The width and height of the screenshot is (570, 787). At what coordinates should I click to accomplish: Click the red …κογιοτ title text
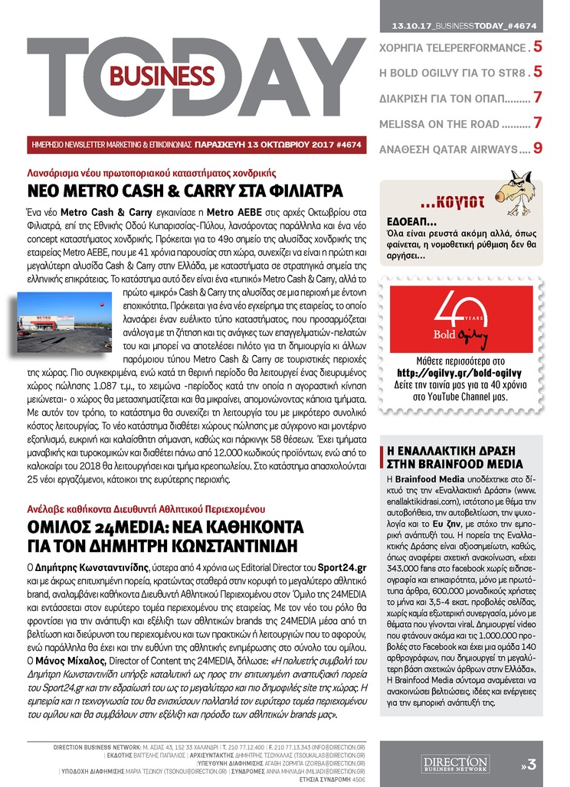[452, 203]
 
